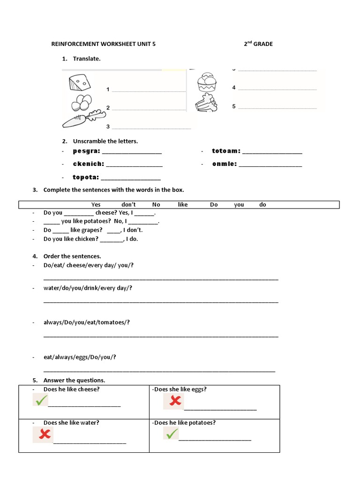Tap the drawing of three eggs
(82, 101)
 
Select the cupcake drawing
(207, 82)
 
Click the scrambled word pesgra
(87, 151)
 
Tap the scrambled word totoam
(226, 151)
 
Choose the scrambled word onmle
(225, 164)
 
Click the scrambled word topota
(86, 177)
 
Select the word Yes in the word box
(96, 205)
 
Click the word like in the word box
(183, 205)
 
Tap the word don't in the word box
(128, 205)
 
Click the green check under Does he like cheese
(41, 400)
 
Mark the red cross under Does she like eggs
(174, 401)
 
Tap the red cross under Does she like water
(43, 435)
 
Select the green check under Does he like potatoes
(171, 434)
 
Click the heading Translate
(86, 59)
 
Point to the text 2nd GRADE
(258, 44)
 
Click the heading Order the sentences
(72, 256)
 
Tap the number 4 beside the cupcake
(234, 88)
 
